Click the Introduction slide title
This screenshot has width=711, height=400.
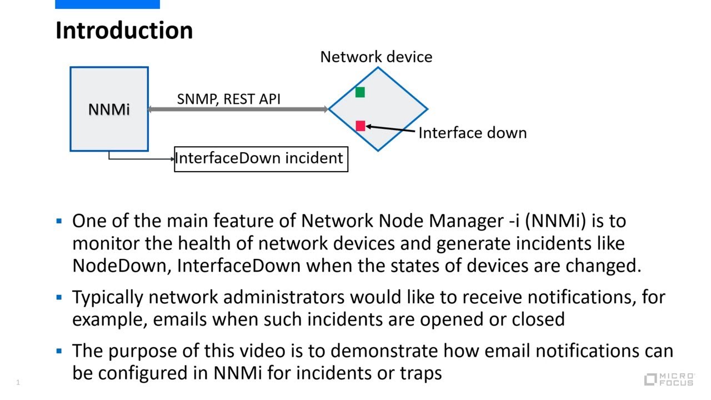[124, 30]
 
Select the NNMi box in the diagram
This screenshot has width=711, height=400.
[109, 109]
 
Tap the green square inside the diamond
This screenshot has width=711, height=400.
[360, 92]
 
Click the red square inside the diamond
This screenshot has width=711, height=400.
[360, 126]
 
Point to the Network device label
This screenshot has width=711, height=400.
[376, 57]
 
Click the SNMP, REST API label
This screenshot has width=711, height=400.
[228, 99]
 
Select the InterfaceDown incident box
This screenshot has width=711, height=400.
[261, 159]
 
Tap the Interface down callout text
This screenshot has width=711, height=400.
[472, 133]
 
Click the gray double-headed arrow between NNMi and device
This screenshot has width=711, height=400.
[239, 109]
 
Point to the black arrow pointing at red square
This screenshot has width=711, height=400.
[391, 129]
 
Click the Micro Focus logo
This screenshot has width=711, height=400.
[669, 379]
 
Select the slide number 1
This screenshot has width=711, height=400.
[18, 382]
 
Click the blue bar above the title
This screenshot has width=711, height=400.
[107, 4]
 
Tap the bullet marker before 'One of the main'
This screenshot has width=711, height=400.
[59, 221]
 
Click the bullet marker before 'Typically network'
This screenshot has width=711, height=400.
[59, 297]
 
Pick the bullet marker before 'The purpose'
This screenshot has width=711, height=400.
[59, 351]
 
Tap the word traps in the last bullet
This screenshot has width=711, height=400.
[420, 373]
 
